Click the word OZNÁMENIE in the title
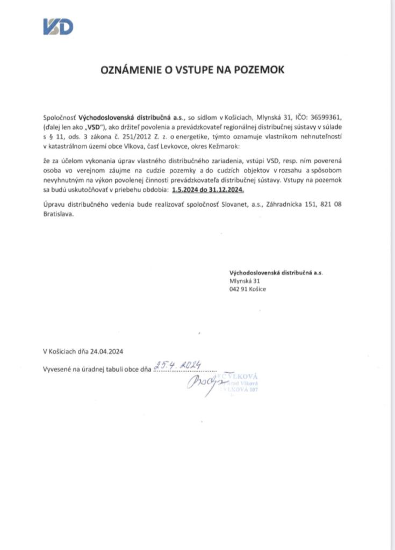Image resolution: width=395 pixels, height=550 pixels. (x=128, y=70)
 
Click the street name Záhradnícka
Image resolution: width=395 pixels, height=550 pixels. (x=279, y=204)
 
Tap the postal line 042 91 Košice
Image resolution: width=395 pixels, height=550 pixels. (x=247, y=290)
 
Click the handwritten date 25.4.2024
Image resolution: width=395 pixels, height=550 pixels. (x=177, y=365)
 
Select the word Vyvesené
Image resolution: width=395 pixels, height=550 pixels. (x=58, y=370)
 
